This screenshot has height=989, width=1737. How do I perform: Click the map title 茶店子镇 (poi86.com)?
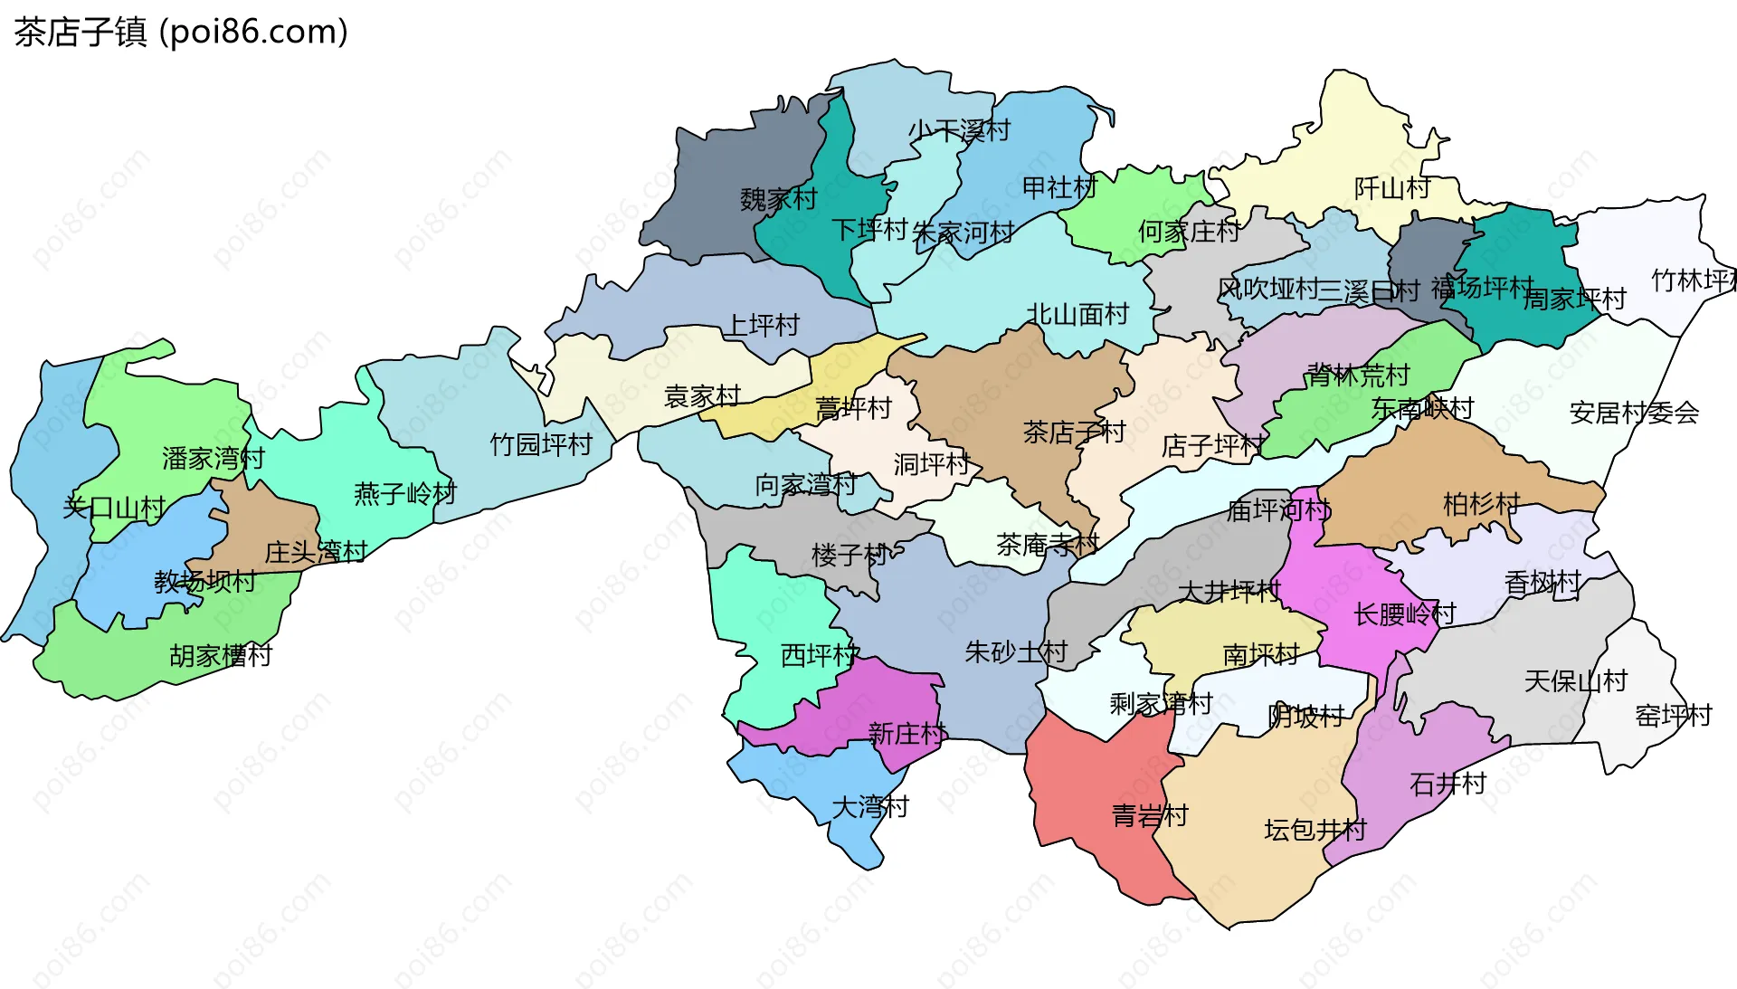click(181, 32)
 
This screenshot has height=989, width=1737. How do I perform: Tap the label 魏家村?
click(778, 199)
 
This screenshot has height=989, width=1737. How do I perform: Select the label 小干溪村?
click(959, 131)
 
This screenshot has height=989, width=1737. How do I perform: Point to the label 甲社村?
click(1058, 188)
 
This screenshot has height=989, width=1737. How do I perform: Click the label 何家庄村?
click(1188, 232)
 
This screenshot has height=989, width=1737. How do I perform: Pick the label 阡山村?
click(1391, 188)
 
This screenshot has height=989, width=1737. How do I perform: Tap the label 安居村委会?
click(1633, 414)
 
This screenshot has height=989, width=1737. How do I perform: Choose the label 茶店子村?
click(1073, 433)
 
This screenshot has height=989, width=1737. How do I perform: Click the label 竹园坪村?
click(540, 444)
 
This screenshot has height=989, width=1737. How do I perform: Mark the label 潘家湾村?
click(213, 459)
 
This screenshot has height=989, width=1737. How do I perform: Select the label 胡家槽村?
click(221, 655)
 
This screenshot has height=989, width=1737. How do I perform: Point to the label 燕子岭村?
click(404, 494)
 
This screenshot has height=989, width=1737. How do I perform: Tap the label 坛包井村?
click(1315, 830)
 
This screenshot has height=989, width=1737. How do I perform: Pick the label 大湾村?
click(869, 806)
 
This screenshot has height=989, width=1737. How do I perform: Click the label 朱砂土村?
click(1015, 651)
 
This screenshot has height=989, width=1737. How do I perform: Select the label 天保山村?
click(1575, 680)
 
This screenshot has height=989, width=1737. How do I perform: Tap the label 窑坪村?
click(1673, 716)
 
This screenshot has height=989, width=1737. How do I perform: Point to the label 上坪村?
click(763, 325)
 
